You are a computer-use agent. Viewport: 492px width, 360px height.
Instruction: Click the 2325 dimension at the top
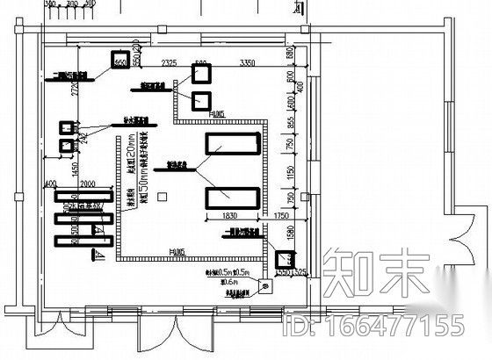click(x=170, y=62)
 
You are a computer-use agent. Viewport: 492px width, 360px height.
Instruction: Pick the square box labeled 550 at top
click(x=119, y=61)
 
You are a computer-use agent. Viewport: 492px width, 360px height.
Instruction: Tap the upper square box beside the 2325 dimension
click(x=200, y=73)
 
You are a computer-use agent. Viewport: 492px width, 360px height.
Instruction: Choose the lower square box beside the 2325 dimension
click(x=200, y=99)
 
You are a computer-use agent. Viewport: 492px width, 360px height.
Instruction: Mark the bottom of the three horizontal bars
click(x=84, y=239)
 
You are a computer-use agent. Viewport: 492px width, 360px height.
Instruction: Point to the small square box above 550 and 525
click(x=286, y=259)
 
